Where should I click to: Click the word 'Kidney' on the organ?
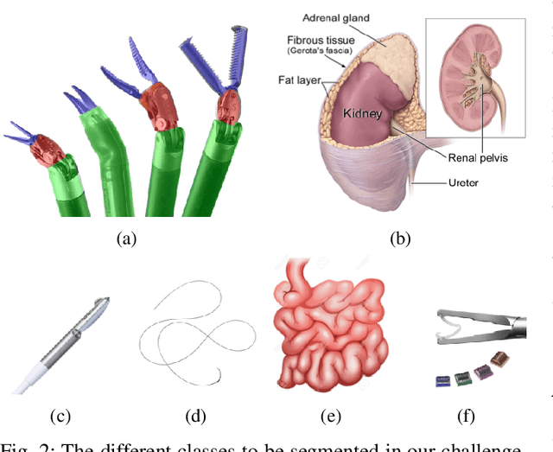(364, 113)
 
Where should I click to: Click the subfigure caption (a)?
(125, 239)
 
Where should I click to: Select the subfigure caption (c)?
(60, 417)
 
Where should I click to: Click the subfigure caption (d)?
(197, 417)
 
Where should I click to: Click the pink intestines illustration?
(328, 324)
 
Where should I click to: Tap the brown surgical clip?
(499, 359)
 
